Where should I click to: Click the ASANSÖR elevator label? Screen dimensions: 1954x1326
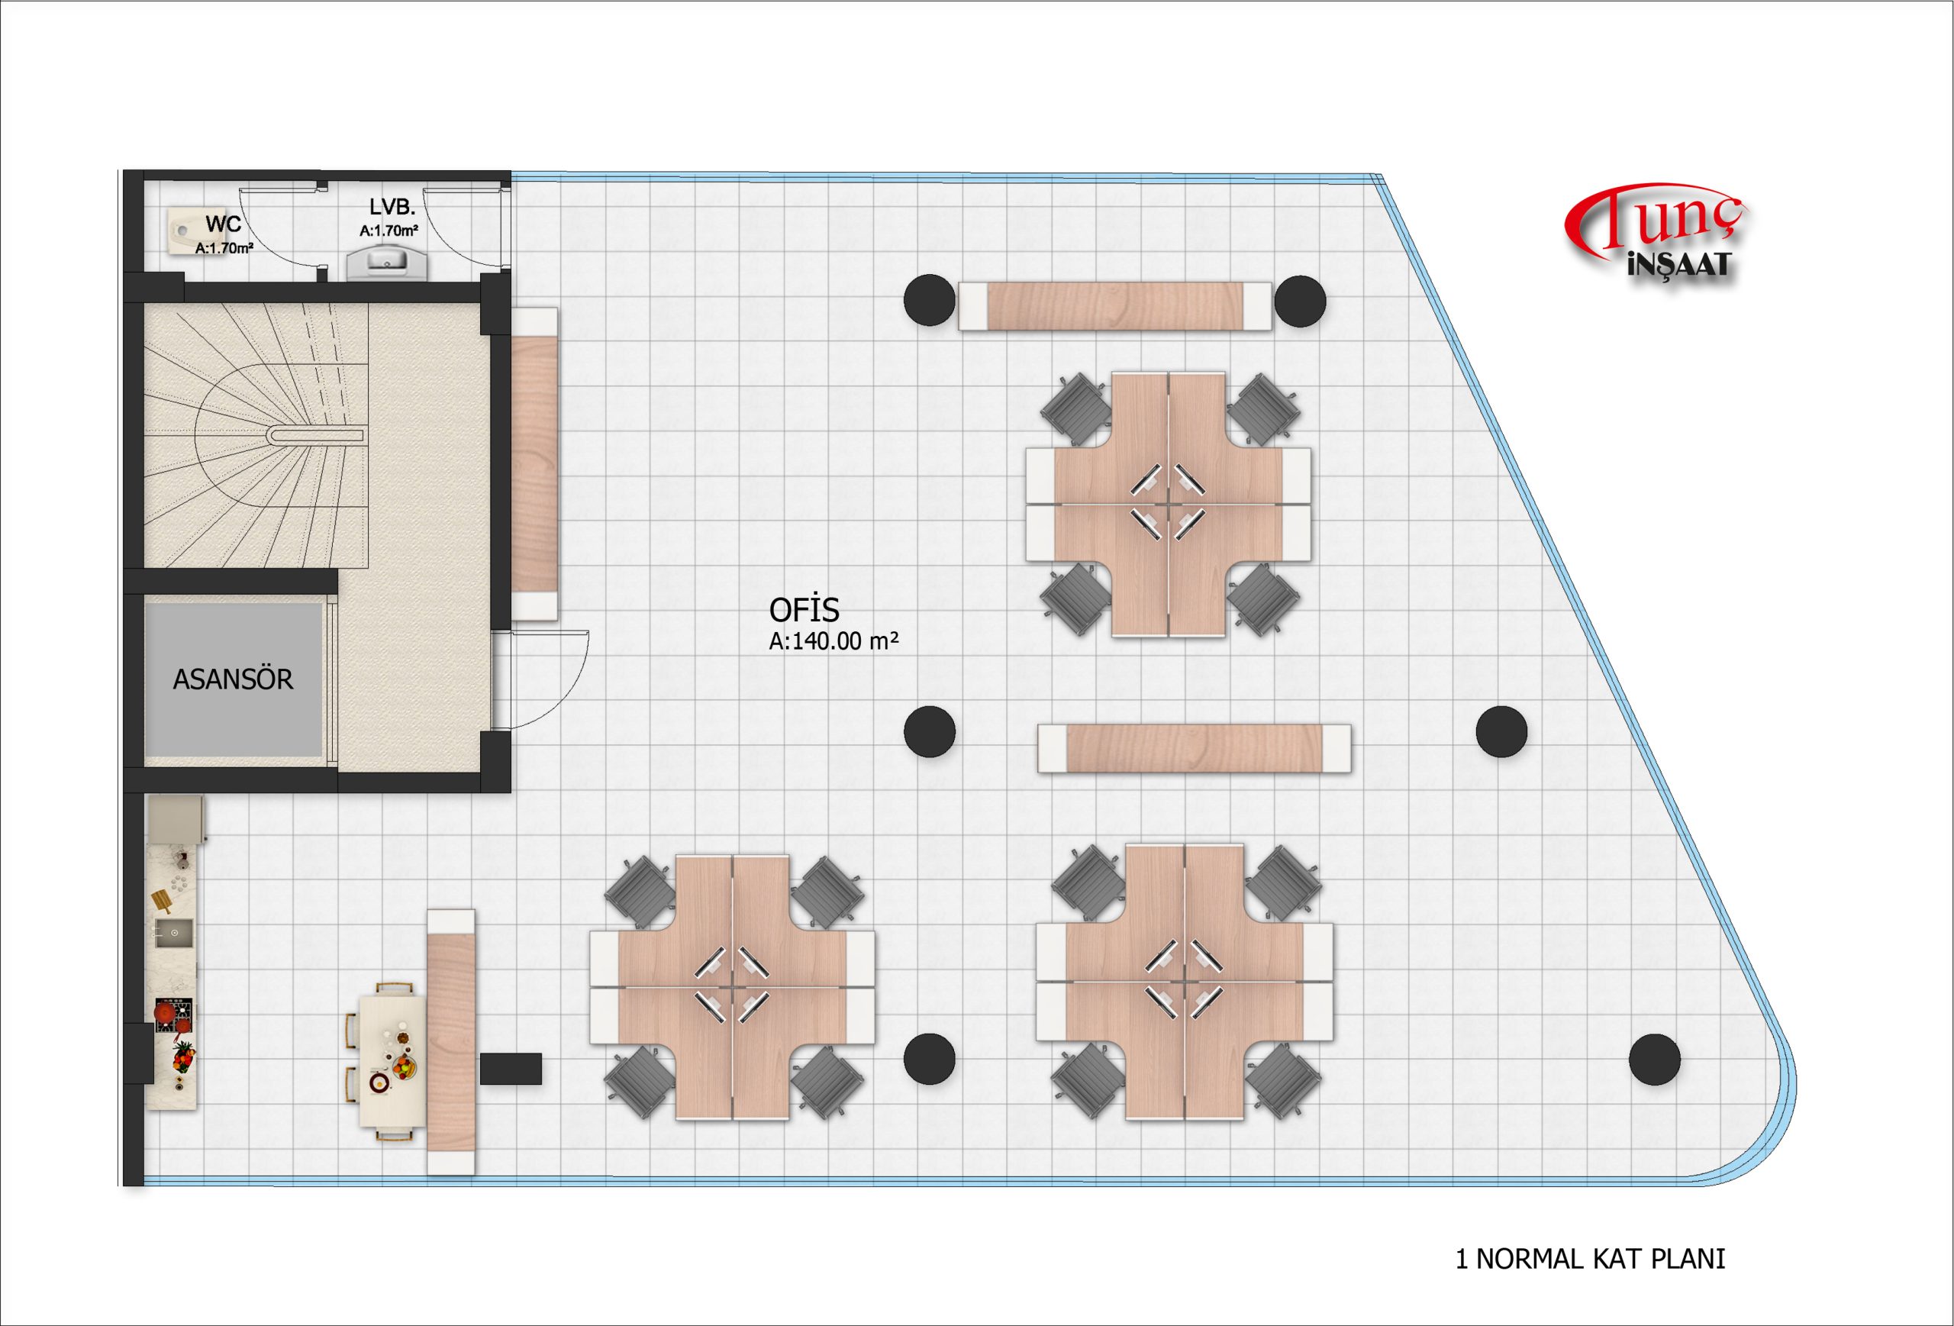pyautogui.click(x=233, y=679)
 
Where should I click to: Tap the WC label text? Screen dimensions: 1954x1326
pyautogui.click(x=223, y=224)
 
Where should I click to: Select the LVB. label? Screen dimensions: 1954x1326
pyautogui.click(x=392, y=207)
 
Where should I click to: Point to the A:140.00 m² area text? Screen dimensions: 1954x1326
pyautogui.click(x=834, y=640)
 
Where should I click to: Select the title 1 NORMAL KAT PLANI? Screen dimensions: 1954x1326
pyautogui.click(x=1590, y=1259)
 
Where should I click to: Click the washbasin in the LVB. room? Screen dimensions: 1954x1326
pyautogui.click(x=388, y=262)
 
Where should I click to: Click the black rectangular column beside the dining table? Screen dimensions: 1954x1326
pyautogui.click(x=511, y=1068)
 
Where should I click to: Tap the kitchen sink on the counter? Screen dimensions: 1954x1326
pyautogui.click(x=173, y=933)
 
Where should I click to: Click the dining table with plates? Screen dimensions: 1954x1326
pyautogui.click(x=392, y=1060)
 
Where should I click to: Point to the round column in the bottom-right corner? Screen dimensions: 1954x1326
pyautogui.click(x=1654, y=1060)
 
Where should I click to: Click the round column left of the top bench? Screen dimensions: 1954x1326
pyautogui.click(x=929, y=300)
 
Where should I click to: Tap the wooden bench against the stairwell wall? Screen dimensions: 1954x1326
pyautogui.click(x=534, y=463)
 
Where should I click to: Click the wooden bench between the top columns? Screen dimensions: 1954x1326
pyautogui.click(x=1115, y=306)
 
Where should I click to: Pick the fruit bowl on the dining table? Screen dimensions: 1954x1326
pyautogui.click(x=404, y=1068)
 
